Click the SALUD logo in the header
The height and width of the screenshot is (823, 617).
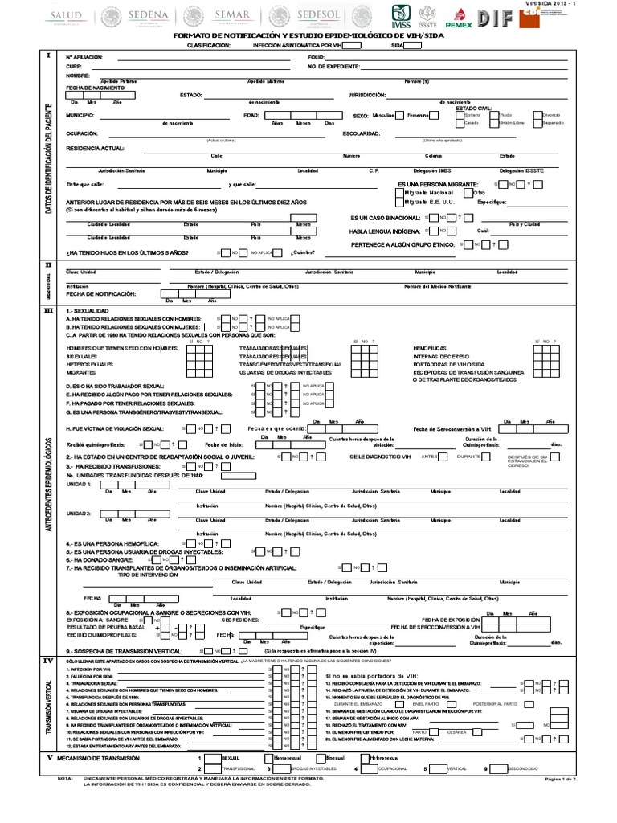(x=67, y=17)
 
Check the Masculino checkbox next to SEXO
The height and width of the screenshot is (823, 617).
(x=402, y=115)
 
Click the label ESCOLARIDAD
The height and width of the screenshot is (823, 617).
(x=361, y=133)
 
